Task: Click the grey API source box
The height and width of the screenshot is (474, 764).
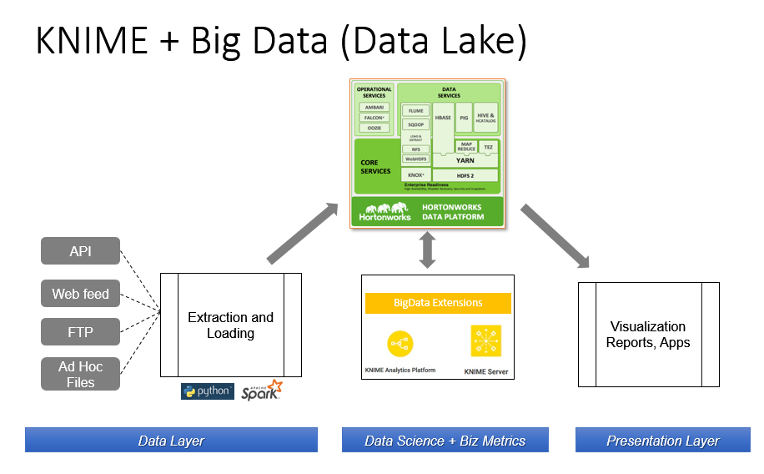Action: coord(80,250)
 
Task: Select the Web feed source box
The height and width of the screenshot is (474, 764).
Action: coord(80,293)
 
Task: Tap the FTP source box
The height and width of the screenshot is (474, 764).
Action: coord(80,332)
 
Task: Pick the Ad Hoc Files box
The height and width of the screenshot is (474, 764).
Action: coord(80,374)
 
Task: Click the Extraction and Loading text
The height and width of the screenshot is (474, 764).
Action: coord(230,325)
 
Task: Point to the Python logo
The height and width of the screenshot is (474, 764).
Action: coord(208,391)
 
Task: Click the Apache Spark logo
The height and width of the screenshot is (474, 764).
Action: coord(262,391)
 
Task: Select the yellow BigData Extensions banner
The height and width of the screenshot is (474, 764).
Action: coord(438,302)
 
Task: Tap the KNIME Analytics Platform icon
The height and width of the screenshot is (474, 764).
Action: coord(400,343)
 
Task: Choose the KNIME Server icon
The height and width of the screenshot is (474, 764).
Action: coord(485,341)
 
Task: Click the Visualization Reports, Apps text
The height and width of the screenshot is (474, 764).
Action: coord(648,334)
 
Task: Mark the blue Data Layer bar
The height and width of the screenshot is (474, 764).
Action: coord(171,440)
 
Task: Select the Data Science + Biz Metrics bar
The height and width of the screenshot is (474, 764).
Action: coord(445,440)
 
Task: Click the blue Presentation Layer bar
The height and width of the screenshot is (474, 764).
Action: coord(662,440)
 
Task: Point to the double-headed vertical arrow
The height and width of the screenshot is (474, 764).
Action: coord(427,250)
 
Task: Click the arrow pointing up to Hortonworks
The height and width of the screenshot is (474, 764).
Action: coord(302,233)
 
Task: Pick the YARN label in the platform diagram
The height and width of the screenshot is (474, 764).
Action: coord(465,159)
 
